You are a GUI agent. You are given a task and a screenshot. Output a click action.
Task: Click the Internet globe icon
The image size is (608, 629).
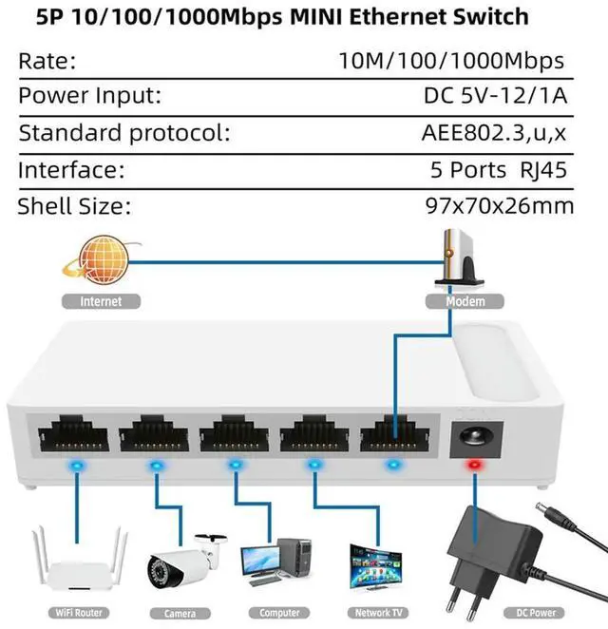click(102, 261)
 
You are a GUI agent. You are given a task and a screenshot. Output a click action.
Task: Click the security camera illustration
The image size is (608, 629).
click(181, 563)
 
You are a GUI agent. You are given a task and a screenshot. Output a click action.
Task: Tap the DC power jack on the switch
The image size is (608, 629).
click(470, 435)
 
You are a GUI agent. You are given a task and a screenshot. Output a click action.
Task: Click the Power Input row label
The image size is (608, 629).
click(89, 96)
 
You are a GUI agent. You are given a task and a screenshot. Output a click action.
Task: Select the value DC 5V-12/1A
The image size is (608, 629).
click(495, 96)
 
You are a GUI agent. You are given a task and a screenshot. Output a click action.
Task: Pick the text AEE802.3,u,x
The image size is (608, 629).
click(494, 133)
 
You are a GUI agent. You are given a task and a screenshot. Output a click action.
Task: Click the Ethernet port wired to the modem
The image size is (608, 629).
click(392, 436)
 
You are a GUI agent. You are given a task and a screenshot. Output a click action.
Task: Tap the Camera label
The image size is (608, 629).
click(180, 613)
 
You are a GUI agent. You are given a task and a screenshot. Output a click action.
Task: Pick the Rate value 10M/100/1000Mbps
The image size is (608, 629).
click(452, 61)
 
